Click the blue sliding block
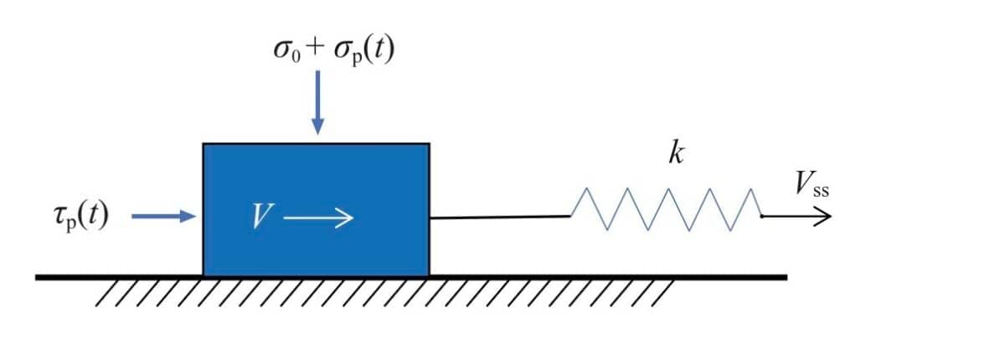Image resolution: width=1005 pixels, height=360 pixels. (x=317, y=210)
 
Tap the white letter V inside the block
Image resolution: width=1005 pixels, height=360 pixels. (x=262, y=216)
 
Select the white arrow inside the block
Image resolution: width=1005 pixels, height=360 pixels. (x=318, y=218)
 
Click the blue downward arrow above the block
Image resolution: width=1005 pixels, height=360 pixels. (x=317, y=102)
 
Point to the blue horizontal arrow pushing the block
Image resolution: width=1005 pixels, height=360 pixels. (x=164, y=216)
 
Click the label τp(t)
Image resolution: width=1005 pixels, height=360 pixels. (x=81, y=217)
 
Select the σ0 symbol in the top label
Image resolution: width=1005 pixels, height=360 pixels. (x=287, y=50)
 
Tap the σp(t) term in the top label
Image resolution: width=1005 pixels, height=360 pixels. (x=364, y=50)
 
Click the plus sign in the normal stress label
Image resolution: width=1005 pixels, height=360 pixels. (x=316, y=49)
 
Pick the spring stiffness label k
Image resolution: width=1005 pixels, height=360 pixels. (x=676, y=154)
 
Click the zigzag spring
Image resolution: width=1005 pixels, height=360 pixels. (x=667, y=209)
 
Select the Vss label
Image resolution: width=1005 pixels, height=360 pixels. (x=812, y=184)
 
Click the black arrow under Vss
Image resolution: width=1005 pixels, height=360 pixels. (x=796, y=217)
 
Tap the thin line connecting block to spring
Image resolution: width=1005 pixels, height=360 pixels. (x=500, y=218)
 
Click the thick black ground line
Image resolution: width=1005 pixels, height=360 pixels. (x=411, y=277)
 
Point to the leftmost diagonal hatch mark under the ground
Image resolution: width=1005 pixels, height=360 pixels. (x=107, y=294)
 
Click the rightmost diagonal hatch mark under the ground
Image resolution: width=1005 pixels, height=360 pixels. (x=663, y=294)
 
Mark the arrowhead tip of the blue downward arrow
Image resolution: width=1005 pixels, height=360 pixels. (x=317, y=134)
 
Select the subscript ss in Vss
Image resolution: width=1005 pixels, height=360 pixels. (x=821, y=192)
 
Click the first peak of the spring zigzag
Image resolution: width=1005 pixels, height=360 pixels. (x=586, y=188)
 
